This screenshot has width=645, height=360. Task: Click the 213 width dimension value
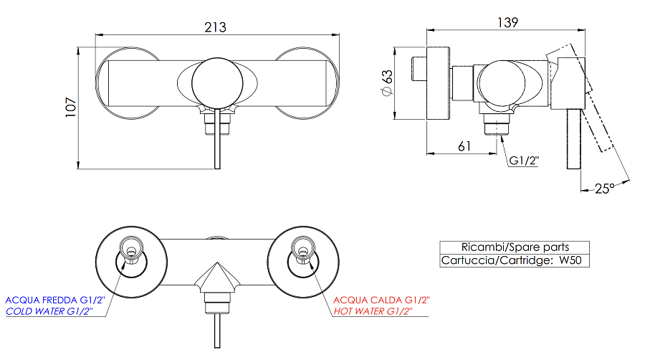click(215, 27)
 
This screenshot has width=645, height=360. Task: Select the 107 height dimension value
click(71, 108)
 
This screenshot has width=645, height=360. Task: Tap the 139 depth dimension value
click(507, 22)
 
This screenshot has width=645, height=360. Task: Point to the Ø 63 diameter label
click(387, 82)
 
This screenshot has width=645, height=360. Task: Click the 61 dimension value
click(464, 146)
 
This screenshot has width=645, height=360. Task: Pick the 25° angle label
click(605, 189)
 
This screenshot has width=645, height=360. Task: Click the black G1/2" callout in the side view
click(524, 161)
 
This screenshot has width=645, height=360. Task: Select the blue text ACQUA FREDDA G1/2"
click(55, 300)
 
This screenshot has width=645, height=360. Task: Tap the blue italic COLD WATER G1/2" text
click(49, 311)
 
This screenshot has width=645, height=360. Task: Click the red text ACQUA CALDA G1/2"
click(381, 300)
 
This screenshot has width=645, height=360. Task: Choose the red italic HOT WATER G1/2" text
click(373, 311)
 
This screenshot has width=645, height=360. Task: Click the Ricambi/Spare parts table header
click(515, 247)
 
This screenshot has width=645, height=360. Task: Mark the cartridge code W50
click(570, 260)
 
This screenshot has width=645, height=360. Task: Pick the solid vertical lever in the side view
click(573, 139)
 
